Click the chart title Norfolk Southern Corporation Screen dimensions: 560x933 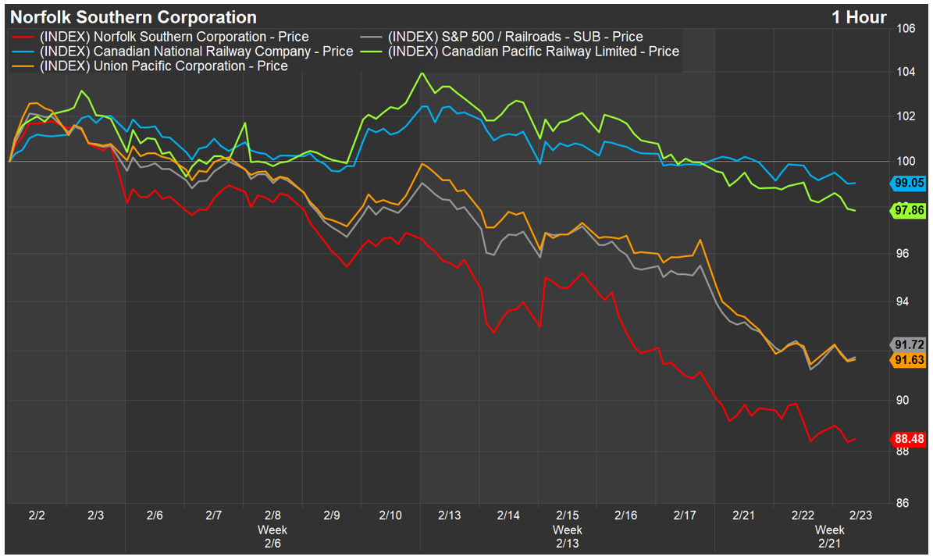coord(133,17)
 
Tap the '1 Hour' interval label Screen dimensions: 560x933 coord(859,17)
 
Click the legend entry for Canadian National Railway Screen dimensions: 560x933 coord(184,52)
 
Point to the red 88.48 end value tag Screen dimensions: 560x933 coord(909,439)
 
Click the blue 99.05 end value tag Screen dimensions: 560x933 coord(909,184)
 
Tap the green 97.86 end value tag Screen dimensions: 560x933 coord(909,210)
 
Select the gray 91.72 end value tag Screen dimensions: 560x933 coord(909,344)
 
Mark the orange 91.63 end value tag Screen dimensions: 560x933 coord(909,359)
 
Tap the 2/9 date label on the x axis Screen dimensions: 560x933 coord(332,515)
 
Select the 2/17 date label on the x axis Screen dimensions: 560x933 coord(685,515)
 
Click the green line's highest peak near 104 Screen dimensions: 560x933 coord(422,73)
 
